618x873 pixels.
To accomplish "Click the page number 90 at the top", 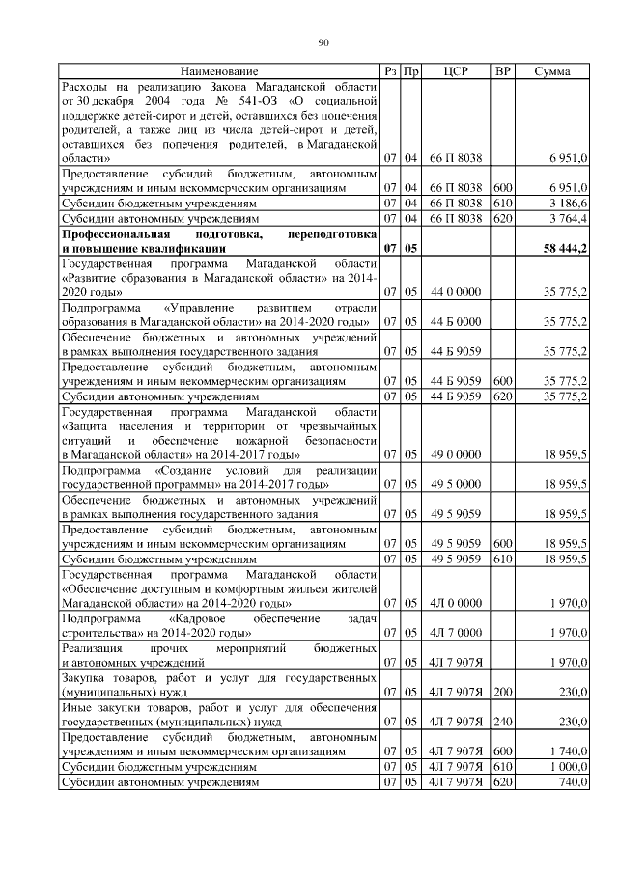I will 324,41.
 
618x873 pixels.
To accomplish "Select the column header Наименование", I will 219,71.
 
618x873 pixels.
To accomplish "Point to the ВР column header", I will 502,71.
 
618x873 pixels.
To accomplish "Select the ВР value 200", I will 502,692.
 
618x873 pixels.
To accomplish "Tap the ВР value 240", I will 502,721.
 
